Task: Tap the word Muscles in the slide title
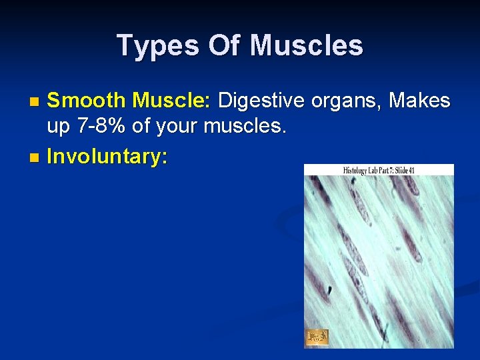coord(307,46)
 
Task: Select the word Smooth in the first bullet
coord(87,101)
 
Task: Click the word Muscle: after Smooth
coord(172,101)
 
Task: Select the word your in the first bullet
coord(179,126)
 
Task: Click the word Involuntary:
coord(107,157)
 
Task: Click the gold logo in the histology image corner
coord(316,337)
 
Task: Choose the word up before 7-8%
coord(59,126)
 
